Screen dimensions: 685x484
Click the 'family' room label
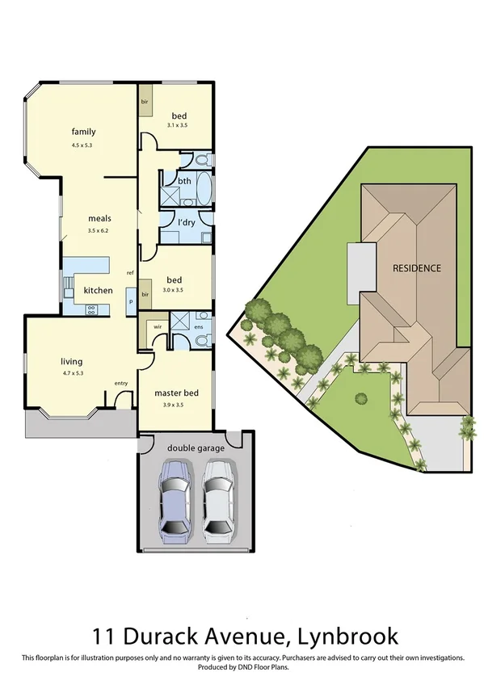click(x=83, y=131)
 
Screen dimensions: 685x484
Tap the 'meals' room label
click(x=99, y=218)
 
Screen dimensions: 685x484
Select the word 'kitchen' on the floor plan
click(x=98, y=290)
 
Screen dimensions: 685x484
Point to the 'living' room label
click(x=72, y=361)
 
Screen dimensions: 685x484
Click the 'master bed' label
click(x=176, y=393)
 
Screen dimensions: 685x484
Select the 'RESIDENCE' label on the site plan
click(x=417, y=268)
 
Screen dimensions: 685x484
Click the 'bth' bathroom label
click(x=184, y=181)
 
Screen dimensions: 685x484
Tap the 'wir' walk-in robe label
click(x=158, y=328)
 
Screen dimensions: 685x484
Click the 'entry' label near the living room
click(x=121, y=383)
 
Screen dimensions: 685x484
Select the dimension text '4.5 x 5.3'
click(x=82, y=145)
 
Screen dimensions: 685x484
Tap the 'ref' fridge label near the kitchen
click(x=129, y=272)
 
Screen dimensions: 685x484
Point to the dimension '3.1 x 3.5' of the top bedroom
click(x=177, y=125)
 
